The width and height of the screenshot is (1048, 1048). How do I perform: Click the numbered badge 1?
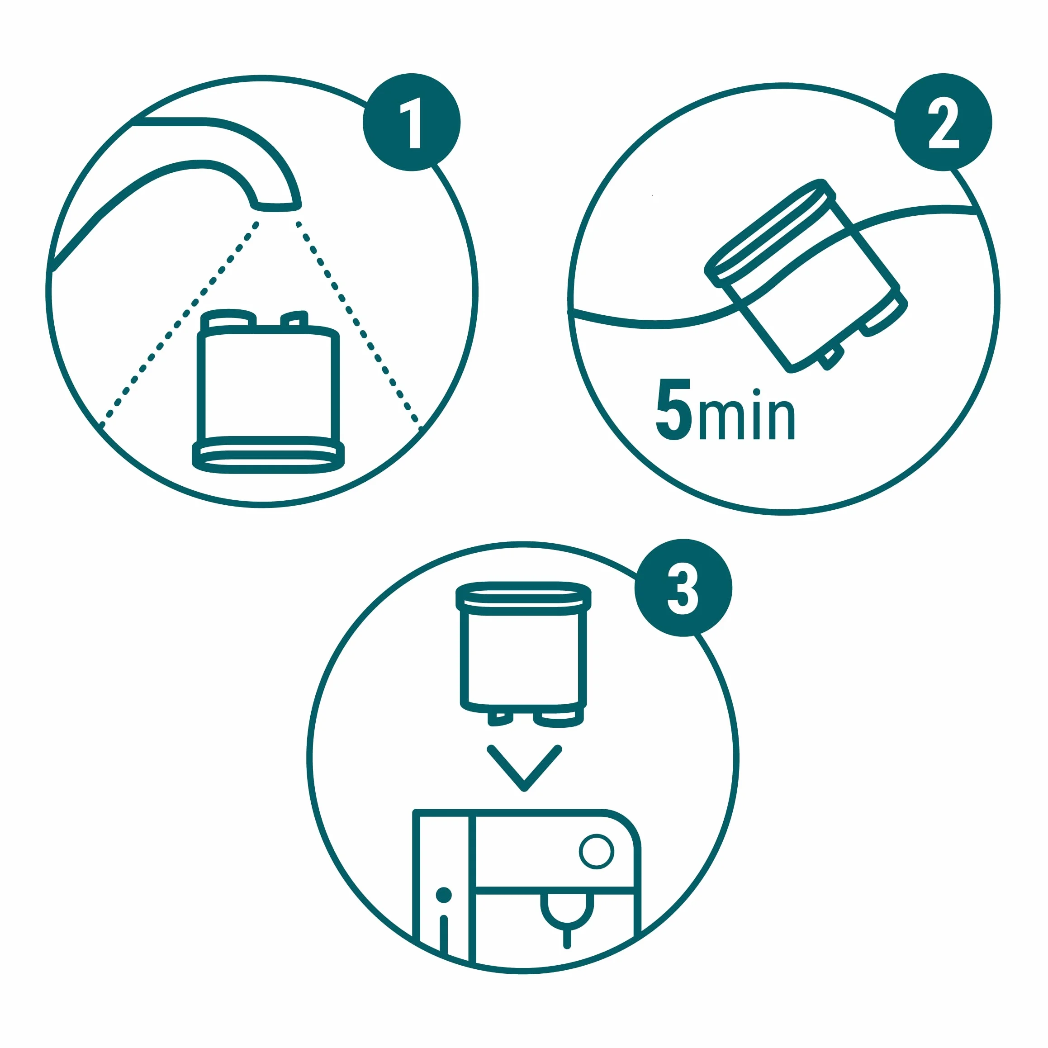pyautogui.click(x=412, y=122)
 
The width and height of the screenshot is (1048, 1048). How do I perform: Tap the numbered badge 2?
pyautogui.click(x=944, y=122)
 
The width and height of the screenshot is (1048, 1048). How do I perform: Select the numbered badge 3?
pyautogui.click(x=683, y=588)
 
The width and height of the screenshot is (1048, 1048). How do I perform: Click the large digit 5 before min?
pyautogui.click(x=674, y=409)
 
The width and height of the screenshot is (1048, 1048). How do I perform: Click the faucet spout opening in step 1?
pyautogui.click(x=275, y=207)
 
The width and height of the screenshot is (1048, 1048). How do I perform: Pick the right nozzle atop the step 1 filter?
pyautogui.click(x=294, y=319)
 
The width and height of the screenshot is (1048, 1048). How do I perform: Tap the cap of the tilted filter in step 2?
pyautogui.click(x=770, y=232)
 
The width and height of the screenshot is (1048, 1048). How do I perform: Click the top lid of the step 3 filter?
pyautogui.click(x=523, y=598)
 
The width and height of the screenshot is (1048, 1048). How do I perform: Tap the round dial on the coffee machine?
pyautogui.click(x=597, y=852)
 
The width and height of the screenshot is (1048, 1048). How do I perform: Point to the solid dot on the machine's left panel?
pyautogui.click(x=444, y=895)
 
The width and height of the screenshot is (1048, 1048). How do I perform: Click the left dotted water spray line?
pyautogui.click(x=179, y=324)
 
